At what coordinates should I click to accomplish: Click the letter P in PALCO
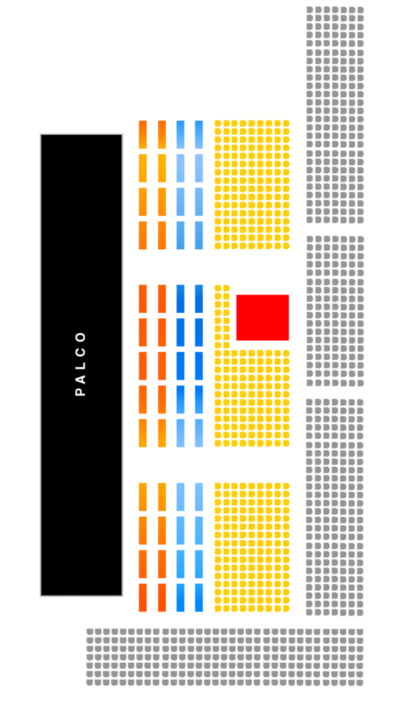point(81,392)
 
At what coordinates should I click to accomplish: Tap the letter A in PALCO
point(81,378)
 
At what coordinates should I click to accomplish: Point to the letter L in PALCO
point(81,366)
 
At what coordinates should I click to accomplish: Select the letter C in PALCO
point(81,351)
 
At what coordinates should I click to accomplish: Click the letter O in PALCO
point(81,337)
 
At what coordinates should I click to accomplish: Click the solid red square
point(263,318)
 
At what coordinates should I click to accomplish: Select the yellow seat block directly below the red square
point(252,398)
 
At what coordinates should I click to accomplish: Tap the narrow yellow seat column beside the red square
point(222,316)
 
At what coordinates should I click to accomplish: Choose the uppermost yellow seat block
point(252,185)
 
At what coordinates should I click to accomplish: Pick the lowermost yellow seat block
point(252,547)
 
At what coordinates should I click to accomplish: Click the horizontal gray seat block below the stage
point(225,657)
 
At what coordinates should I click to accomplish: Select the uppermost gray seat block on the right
point(335,115)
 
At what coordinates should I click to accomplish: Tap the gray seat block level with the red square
point(335,311)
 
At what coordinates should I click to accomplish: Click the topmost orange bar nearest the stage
point(143,135)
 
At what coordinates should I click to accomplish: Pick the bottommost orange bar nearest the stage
point(143,598)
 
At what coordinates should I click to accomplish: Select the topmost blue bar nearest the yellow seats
point(199,135)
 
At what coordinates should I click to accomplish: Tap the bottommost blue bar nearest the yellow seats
point(199,598)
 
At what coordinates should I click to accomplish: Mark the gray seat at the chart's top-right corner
point(361,10)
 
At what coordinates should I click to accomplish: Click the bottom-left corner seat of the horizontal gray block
point(90,683)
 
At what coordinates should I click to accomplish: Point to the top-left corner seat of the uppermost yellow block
point(217,123)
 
